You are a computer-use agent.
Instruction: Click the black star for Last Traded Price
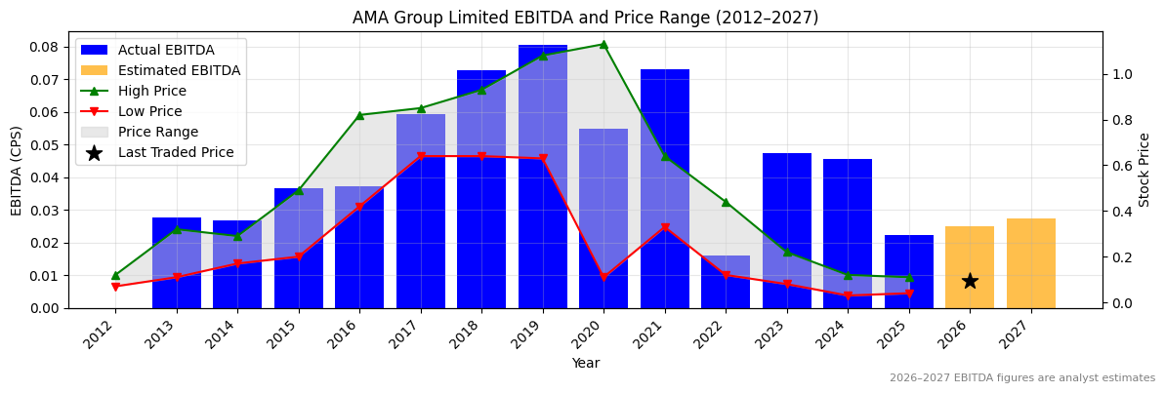[x=970, y=281]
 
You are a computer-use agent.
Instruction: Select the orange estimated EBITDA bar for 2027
[x=1031, y=263]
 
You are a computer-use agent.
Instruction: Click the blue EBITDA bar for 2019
[x=543, y=176]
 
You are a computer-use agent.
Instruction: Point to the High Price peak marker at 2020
[x=603, y=44]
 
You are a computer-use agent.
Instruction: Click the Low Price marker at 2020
[x=603, y=278]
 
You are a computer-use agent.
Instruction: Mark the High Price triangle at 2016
[x=359, y=115]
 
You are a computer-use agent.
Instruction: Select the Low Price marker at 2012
[x=115, y=287]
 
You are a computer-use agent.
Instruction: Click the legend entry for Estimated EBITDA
[x=179, y=70]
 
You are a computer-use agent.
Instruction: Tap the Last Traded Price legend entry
[x=176, y=152]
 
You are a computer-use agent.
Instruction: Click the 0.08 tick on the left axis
[x=44, y=47]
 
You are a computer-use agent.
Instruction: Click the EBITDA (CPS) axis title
[x=17, y=170]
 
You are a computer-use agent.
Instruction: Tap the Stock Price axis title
[x=1144, y=170]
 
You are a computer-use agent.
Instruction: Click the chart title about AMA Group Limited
[x=585, y=18]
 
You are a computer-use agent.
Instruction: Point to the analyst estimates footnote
[x=1021, y=378]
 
